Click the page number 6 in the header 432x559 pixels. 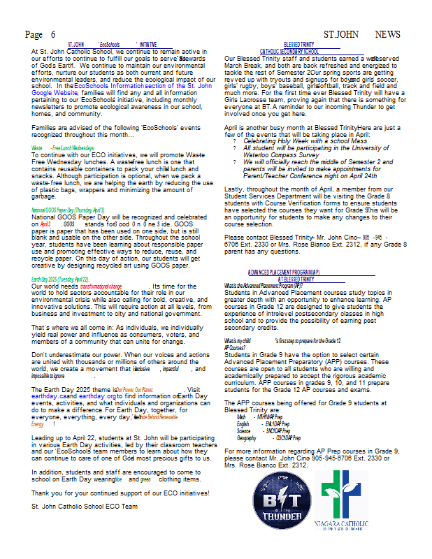(53, 34)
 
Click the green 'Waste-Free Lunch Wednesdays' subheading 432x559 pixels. (63, 149)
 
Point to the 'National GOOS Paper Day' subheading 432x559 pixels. (69, 210)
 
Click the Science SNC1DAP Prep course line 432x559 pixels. (261, 431)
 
